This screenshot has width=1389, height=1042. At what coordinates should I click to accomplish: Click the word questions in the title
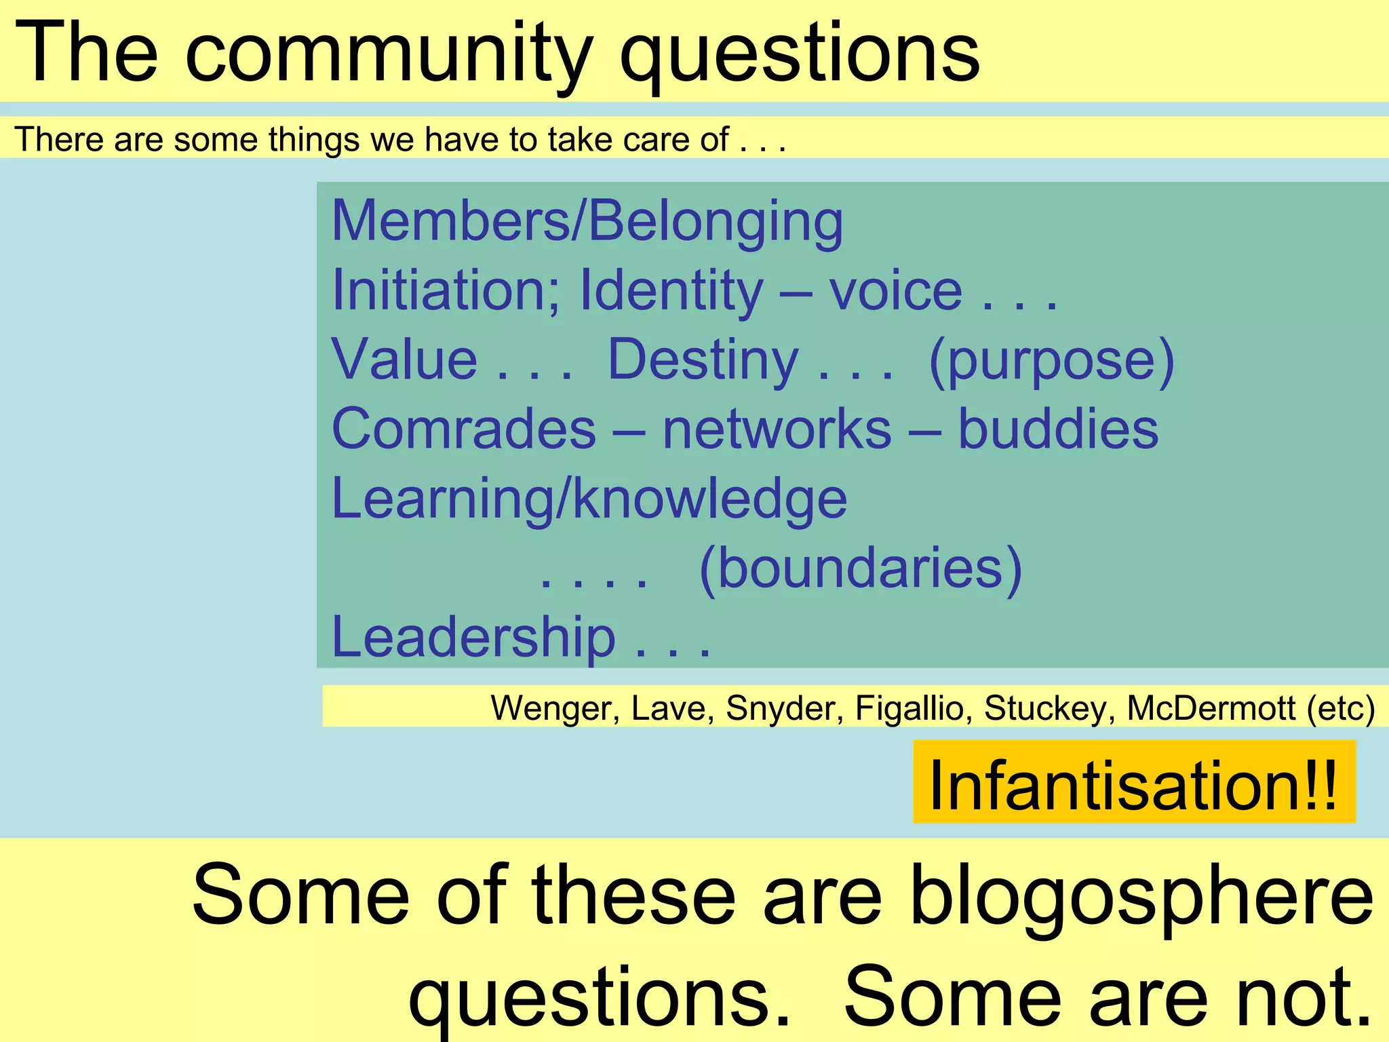pos(800,54)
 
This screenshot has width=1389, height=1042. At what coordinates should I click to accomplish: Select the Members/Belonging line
pos(587,221)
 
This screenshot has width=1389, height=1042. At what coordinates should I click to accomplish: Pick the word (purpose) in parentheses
pos(1051,361)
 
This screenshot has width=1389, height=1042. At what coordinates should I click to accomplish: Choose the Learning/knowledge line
pos(589,499)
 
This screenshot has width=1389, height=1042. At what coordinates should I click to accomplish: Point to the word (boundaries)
pos(860,568)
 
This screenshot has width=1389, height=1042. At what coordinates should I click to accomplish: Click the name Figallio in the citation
pos(909,708)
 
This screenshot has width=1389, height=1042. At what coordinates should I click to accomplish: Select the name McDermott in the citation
pos(1211,708)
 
